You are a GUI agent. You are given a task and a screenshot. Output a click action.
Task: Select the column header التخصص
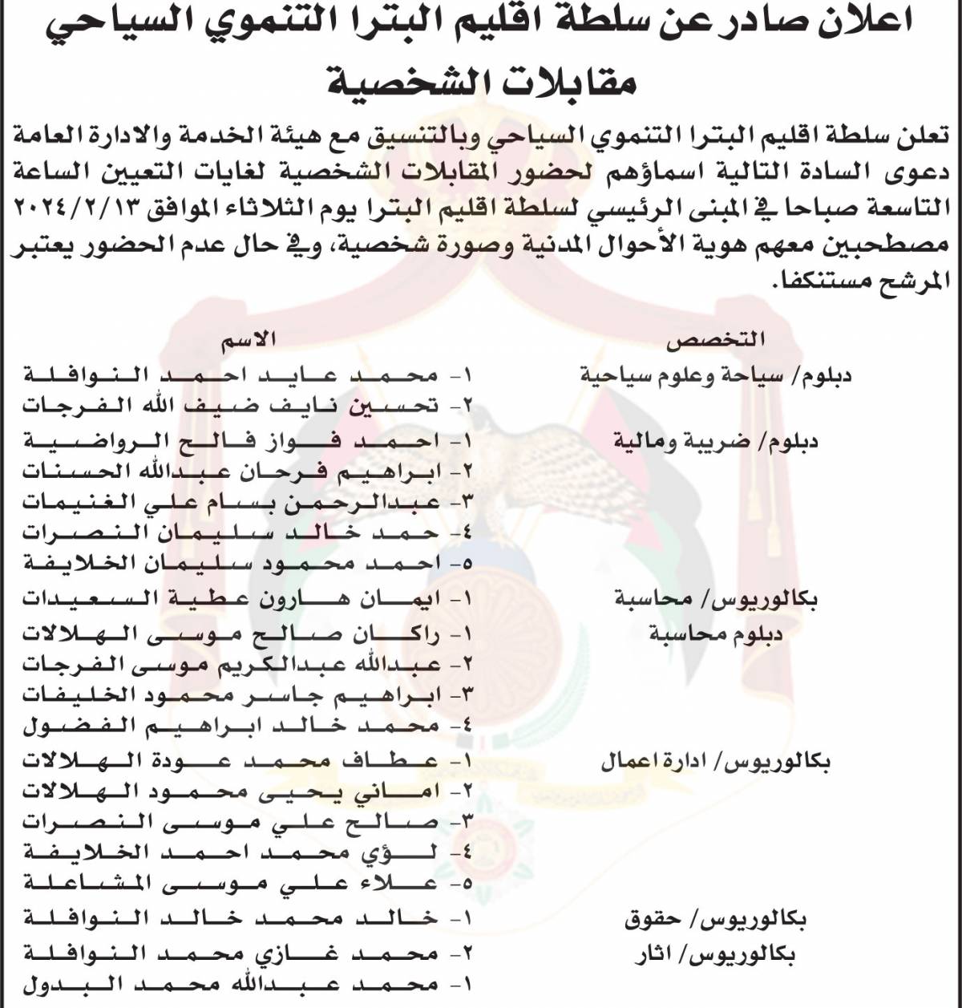[716, 340]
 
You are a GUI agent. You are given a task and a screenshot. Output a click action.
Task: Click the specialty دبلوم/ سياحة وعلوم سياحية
[715, 374]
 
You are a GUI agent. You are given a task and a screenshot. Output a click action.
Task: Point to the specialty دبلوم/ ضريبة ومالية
[715, 440]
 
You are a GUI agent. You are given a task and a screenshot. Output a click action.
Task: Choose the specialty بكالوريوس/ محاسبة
[715, 598]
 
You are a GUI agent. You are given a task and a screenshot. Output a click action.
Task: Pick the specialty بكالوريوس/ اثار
[715, 954]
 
